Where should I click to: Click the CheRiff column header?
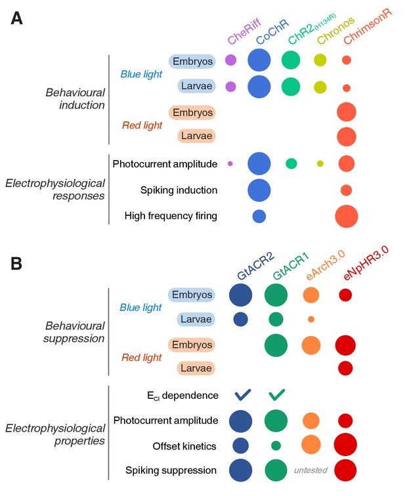coord(244,31)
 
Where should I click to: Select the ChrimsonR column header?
coord(368,26)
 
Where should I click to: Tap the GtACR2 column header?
coord(255,266)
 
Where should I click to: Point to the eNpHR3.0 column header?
coord(366,263)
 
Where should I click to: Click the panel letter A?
coord(17,18)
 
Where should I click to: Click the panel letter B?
coord(16,264)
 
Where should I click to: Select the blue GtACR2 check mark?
coord(243,395)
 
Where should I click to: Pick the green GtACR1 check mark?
coord(276,395)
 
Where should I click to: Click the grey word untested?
coord(310,470)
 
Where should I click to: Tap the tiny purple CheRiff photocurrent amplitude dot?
coord(230,163)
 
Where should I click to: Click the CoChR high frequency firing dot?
coord(259,217)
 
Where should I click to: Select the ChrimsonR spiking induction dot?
coord(347,190)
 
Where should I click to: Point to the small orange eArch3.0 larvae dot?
coord(311,319)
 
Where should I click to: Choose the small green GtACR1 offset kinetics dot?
coord(276,445)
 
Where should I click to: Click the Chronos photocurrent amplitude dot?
coord(320,163)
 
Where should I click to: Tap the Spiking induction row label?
coord(179,190)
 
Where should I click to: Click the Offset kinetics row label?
coord(184,446)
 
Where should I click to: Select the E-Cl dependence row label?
coord(182,396)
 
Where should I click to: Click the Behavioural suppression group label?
coord(74,332)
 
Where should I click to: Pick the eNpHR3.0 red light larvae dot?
coord(345,368)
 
